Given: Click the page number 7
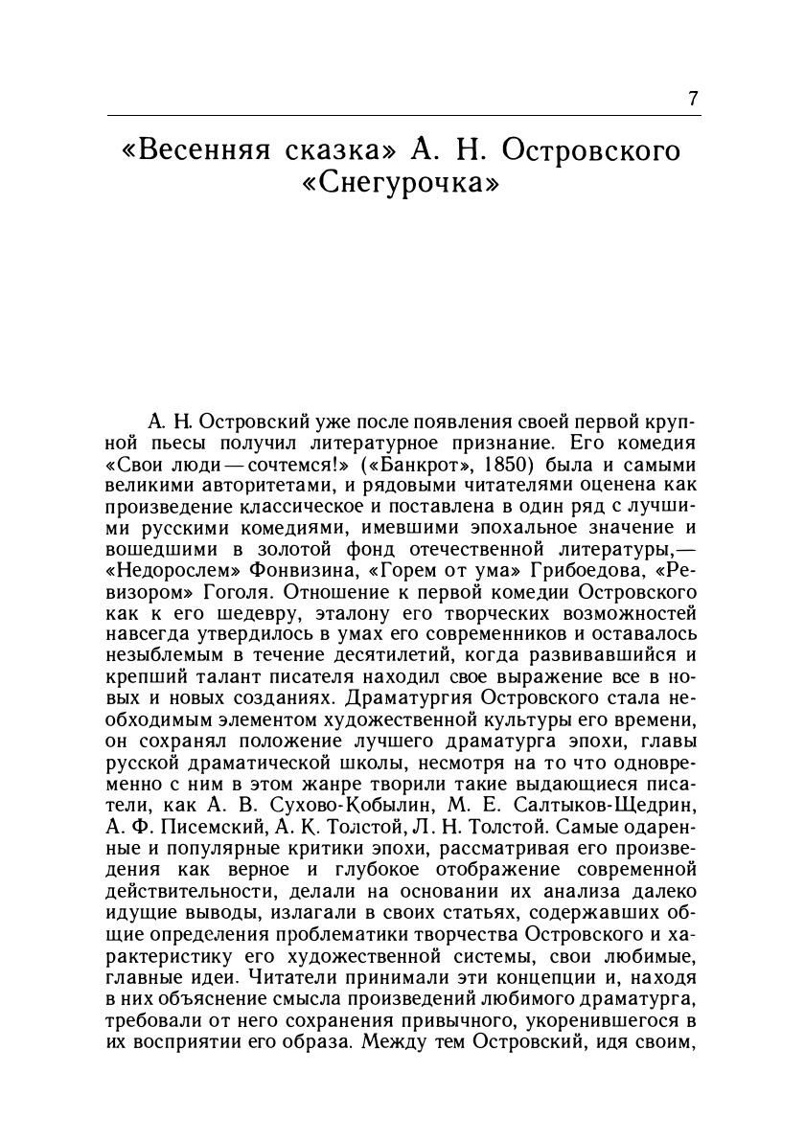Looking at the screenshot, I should coord(693,101).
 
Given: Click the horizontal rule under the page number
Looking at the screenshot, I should coord(403,115).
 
